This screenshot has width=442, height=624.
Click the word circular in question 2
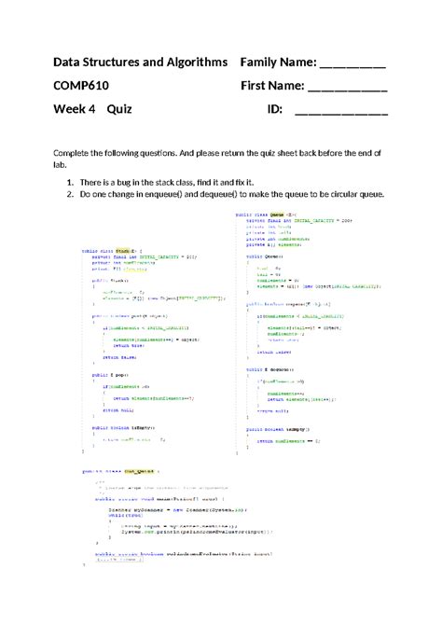[346, 194]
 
